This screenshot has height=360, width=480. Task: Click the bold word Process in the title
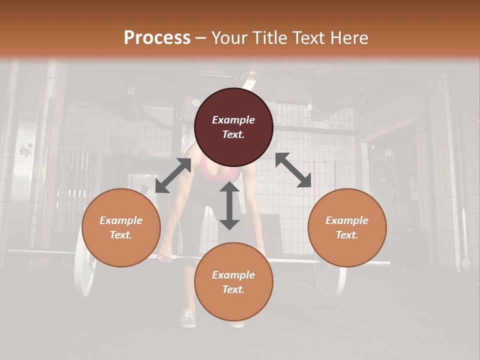pos(157,38)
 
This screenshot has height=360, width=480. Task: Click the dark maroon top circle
pos(233,127)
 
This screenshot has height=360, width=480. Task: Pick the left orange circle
pos(121,227)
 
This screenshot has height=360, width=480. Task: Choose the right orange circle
pos(347,227)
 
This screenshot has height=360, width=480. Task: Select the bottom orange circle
pos(233,282)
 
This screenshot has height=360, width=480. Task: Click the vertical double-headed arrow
pos(229,205)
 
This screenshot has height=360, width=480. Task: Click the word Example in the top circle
pos(233,120)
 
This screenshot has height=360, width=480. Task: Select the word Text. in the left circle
pos(121,235)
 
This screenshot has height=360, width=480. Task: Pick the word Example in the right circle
pos(347,220)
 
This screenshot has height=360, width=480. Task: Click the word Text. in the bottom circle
pos(233,289)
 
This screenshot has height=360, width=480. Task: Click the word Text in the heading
pos(308,38)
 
